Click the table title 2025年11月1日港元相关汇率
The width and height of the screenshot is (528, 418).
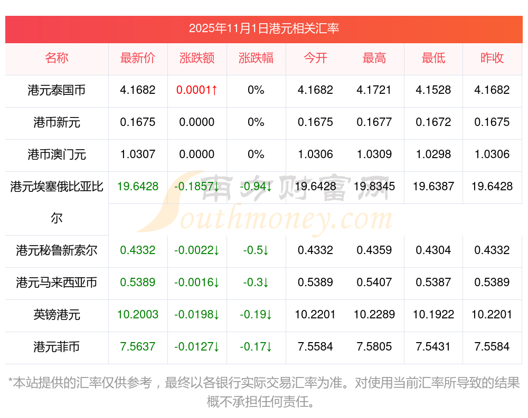click(x=263, y=28)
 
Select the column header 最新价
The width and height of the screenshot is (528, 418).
click(x=138, y=58)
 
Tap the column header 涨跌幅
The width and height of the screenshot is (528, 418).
click(x=256, y=58)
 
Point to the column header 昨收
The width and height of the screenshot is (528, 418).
click(x=492, y=58)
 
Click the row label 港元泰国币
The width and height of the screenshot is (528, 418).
click(x=56, y=90)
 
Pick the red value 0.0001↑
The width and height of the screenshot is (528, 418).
click(x=197, y=90)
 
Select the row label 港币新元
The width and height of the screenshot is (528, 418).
click(x=56, y=122)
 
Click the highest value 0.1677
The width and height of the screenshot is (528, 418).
click(x=374, y=122)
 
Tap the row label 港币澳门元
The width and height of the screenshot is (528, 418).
click(x=56, y=154)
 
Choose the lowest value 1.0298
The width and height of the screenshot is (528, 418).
click(x=433, y=154)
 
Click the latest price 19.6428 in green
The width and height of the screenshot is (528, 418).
click(x=138, y=187)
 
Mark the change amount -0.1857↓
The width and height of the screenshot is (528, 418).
click(x=197, y=187)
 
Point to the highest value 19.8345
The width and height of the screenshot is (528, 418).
click(x=374, y=187)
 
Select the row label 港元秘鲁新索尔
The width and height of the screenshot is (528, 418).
click(x=56, y=250)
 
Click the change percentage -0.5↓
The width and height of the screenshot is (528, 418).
click(x=256, y=250)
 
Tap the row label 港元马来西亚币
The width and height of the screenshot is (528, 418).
click(x=56, y=283)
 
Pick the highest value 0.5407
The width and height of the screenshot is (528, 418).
click(x=374, y=283)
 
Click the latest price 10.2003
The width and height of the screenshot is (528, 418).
click(x=138, y=315)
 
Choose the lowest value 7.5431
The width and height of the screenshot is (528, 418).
click(x=433, y=347)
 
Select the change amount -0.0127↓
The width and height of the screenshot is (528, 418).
click(x=197, y=347)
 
